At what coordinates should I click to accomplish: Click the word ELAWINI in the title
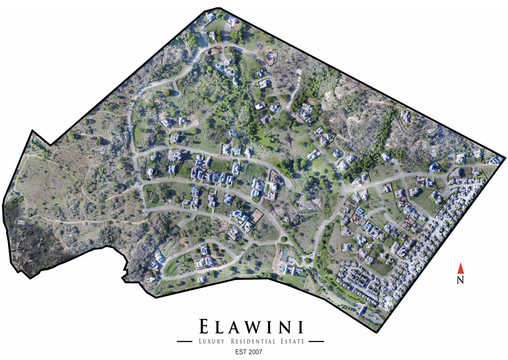[252, 327]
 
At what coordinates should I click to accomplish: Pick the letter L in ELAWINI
[222, 327]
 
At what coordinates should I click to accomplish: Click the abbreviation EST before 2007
[239, 352]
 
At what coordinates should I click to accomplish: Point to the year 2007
[256, 352]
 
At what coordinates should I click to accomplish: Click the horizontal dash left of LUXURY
[185, 341]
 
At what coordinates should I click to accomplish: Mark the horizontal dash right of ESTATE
[317, 341]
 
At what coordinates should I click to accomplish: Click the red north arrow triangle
[461, 268]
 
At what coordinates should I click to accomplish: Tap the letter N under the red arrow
[461, 279]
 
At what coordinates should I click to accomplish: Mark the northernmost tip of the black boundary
[218, 8]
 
